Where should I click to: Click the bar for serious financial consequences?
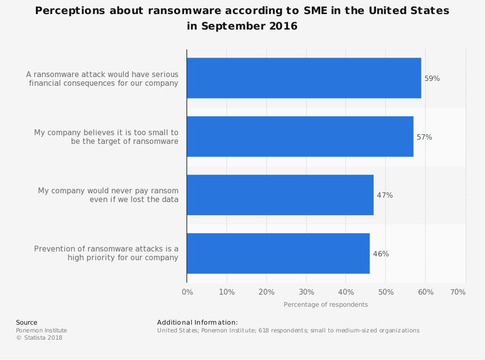[304, 78]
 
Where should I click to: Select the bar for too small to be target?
[300, 137]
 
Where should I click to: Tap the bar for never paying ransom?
[280, 195]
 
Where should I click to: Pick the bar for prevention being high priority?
[278, 253]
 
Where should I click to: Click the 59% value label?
[432, 78]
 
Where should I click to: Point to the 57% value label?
[424, 137]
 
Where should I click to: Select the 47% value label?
[385, 195]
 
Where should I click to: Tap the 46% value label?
[381, 254]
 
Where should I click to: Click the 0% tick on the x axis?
[187, 292]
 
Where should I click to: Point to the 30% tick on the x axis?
[306, 292]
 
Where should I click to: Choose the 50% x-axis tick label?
[386, 292]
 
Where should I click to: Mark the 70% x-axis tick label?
[458, 292]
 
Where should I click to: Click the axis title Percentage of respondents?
[325, 305]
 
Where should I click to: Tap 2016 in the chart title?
[283, 26]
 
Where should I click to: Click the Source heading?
[27, 323]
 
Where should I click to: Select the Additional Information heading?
[197, 323]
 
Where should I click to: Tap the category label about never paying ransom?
[108, 195]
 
